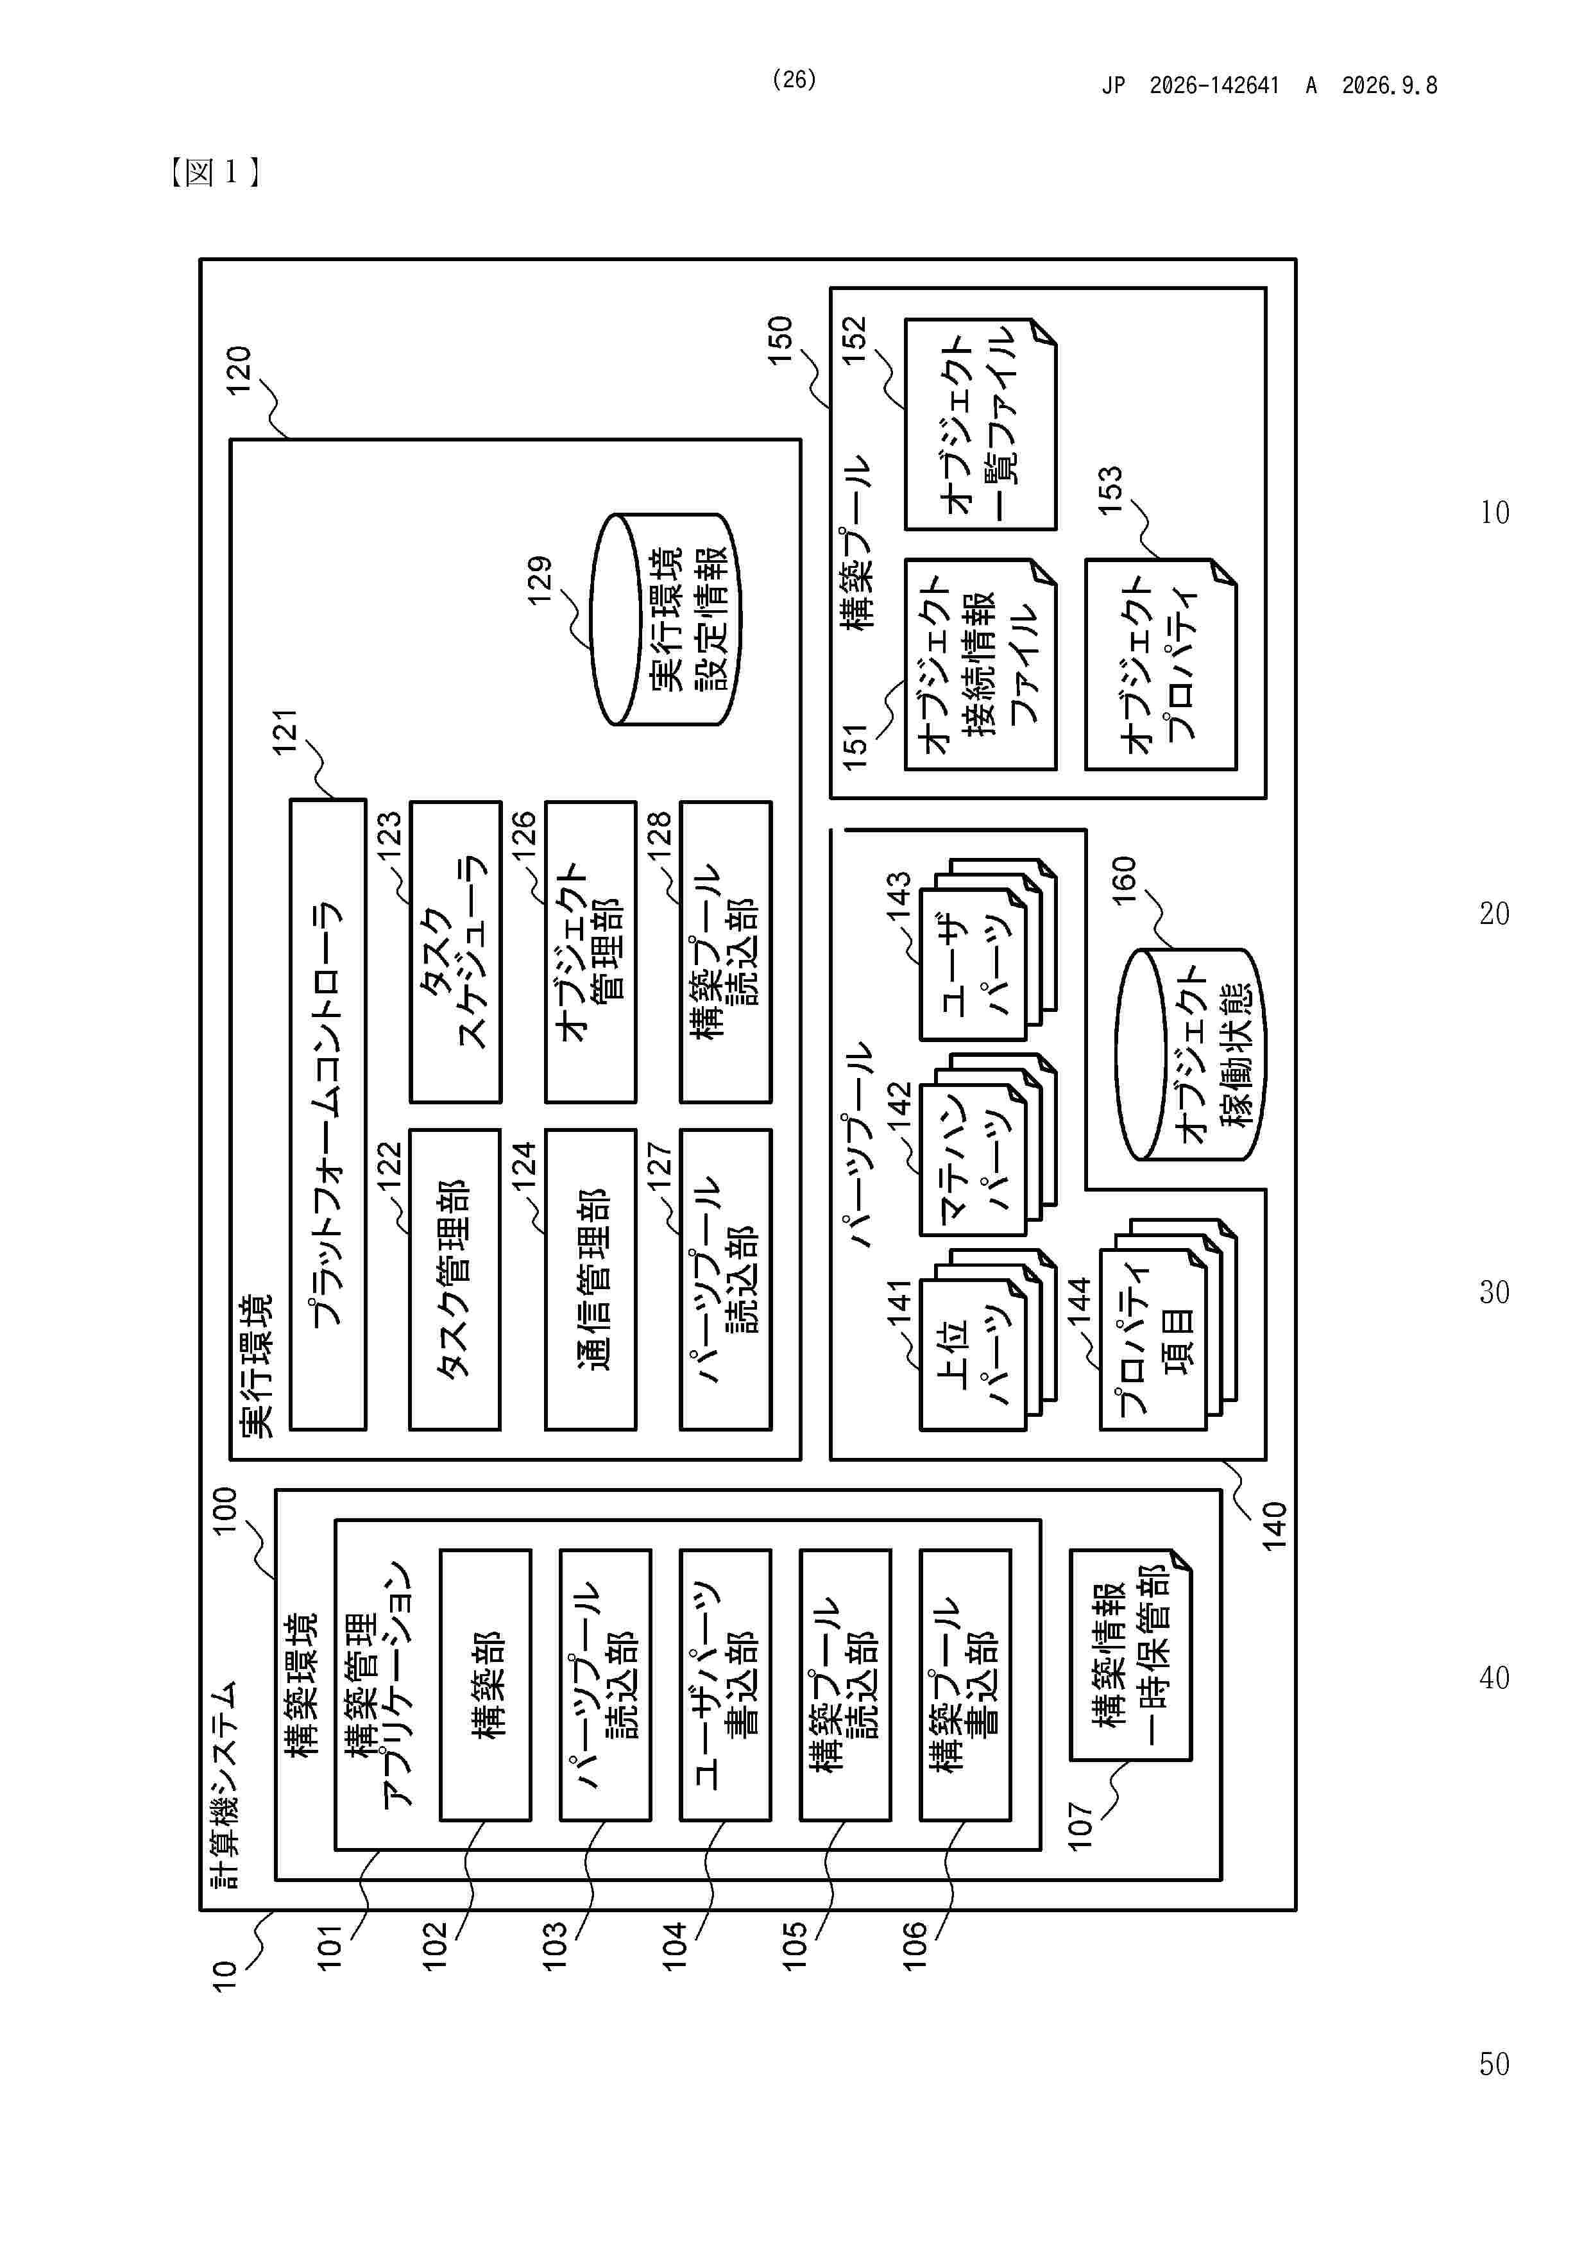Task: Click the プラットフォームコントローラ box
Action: tap(328, 1114)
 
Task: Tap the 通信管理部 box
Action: tap(590, 1280)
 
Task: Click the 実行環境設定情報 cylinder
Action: tap(666, 620)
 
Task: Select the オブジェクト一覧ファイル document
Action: tap(980, 424)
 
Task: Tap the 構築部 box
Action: tap(485, 1684)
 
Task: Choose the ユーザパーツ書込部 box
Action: tap(726, 1684)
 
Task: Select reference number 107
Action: tap(1079, 1826)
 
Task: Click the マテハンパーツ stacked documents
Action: tap(988, 1145)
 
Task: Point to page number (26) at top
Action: tap(794, 80)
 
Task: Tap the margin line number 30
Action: tap(1494, 1292)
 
